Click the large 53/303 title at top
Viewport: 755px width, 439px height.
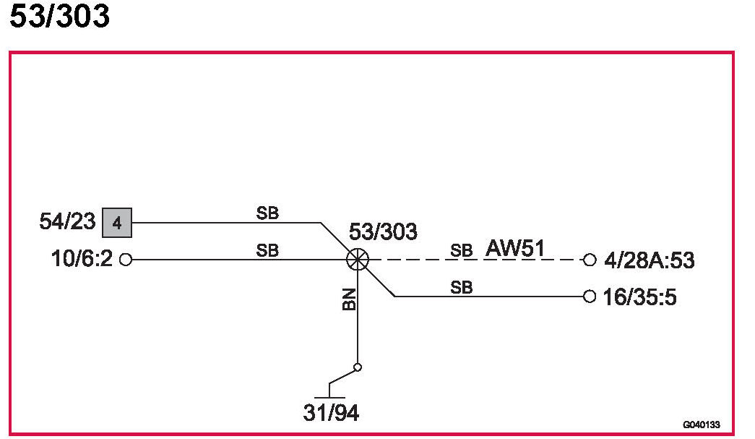tap(59, 16)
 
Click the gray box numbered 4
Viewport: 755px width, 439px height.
tap(117, 223)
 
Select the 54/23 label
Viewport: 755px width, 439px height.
tap(67, 221)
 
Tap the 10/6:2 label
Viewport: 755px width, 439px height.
tap(82, 259)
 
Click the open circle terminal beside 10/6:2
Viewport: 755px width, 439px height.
tap(125, 260)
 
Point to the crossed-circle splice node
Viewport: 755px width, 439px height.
tap(357, 260)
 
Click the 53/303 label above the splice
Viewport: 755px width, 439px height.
tap(383, 232)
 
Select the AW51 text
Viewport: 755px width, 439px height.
tap(514, 248)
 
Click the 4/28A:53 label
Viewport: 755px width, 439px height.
tap(648, 260)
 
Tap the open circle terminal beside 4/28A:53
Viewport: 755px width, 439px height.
tap(590, 260)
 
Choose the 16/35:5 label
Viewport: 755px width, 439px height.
tap(639, 297)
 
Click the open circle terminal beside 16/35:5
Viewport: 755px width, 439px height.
tap(590, 296)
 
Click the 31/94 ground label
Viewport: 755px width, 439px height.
tap(331, 414)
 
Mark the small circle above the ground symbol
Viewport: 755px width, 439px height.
tap(357, 367)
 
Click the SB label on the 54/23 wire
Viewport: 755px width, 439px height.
tap(267, 213)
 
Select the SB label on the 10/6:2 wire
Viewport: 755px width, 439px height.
tap(267, 251)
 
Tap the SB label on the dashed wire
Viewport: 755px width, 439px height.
tap(461, 251)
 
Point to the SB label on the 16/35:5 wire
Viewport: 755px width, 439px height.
tap(461, 287)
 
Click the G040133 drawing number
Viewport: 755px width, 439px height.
tap(701, 425)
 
